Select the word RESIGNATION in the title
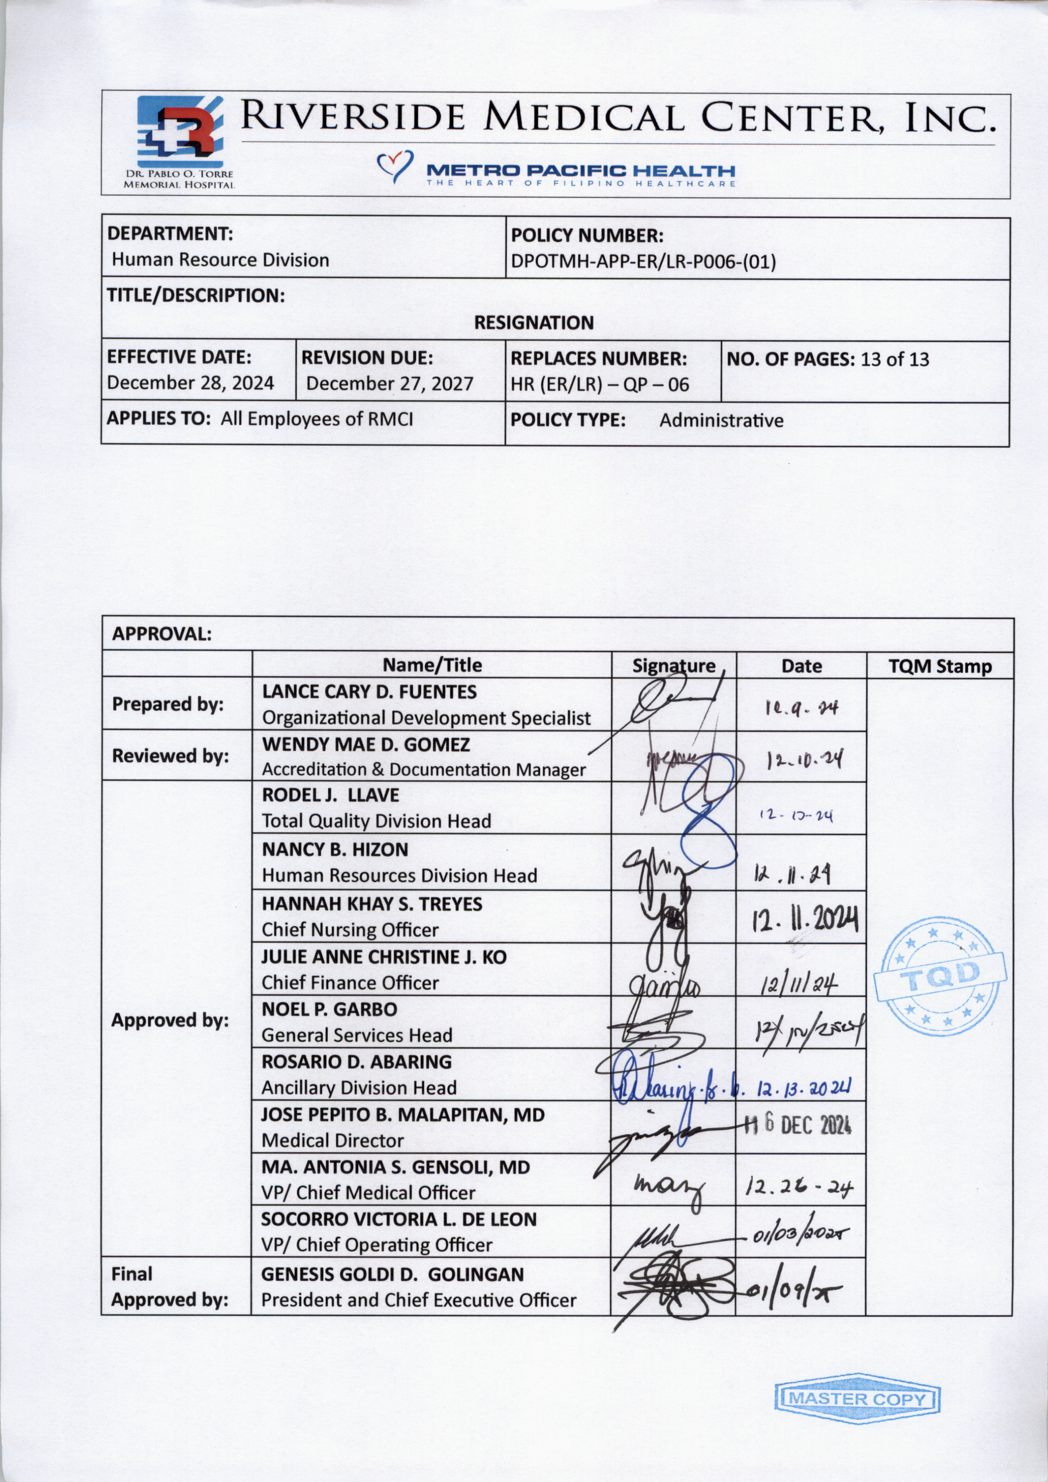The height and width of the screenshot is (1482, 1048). pyautogui.click(x=534, y=323)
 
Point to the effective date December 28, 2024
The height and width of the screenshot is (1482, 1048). pyautogui.click(x=190, y=383)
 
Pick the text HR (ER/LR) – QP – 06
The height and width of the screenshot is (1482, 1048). pyautogui.click(x=600, y=385)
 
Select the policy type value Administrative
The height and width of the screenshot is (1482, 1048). pyautogui.click(x=721, y=421)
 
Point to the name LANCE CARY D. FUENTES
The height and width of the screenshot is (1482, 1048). pyautogui.click(x=369, y=692)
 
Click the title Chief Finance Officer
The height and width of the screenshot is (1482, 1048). pyautogui.click(x=350, y=983)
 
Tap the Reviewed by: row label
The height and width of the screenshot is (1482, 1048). pyautogui.click(x=170, y=756)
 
